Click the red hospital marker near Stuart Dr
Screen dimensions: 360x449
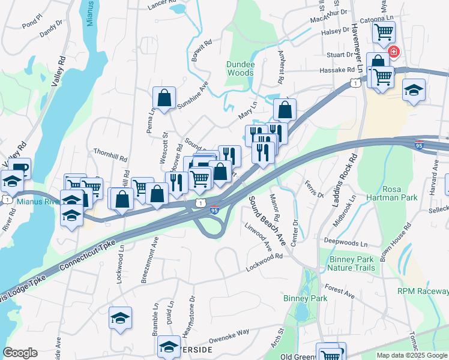pos(394,52)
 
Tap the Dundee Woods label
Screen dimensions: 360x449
pos(240,68)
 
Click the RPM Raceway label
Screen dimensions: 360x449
pos(423,292)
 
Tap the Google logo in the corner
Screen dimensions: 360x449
pos(20,353)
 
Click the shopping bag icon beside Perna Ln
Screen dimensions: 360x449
pos(164,97)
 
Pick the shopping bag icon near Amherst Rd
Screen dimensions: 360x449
pos(285,110)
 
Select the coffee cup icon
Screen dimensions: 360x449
pos(19,167)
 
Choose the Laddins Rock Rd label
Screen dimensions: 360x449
pos(345,179)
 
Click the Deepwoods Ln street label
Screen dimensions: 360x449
pos(345,242)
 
